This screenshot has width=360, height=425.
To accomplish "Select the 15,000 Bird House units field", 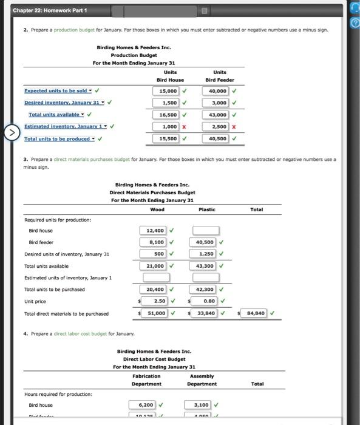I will pyautogui.click(x=165, y=91).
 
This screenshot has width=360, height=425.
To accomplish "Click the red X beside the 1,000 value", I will pyautogui.click(x=184, y=127).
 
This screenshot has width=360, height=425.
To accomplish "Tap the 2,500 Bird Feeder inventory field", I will pyautogui.click(x=217, y=127).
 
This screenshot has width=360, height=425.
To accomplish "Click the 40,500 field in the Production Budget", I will pyautogui.click(x=217, y=139).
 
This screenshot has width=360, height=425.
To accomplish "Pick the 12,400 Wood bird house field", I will pyautogui.click(x=154, y=231).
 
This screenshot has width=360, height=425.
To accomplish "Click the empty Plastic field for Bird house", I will pyautogui.click(x=206, y=231).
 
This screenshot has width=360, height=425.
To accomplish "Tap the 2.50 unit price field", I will pyautogui.click(x=155, y=301).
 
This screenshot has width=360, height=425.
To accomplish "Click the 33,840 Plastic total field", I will pyautogui.click(x=206, y=313).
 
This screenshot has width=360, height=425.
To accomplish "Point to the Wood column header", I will pyautogui.click(x=157, y=209).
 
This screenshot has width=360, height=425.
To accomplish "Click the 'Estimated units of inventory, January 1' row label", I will pyautogui.click(x=68, y=278).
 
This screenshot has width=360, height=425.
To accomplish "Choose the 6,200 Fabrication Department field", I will pyautogui.click(x=143, y=405).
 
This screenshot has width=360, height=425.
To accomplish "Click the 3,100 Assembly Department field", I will pyautogui.click(x=201, y=405).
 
